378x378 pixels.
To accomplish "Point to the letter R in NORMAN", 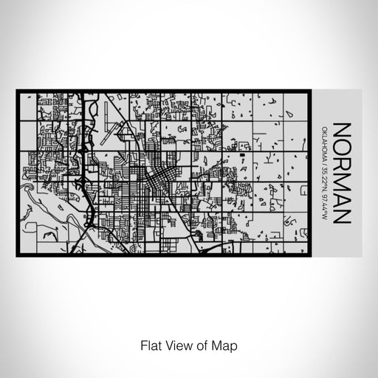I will coord(341,160).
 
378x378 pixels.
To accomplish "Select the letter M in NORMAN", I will coord(341,176).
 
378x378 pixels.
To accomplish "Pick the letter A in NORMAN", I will coord(341,193).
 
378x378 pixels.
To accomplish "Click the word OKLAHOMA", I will coord(325,142).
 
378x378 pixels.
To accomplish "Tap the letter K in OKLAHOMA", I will coord(325,131).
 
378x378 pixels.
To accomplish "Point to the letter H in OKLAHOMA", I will coord(325,143).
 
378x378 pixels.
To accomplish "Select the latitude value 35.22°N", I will coord(325,176).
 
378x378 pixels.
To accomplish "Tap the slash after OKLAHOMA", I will coord(325,160).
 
